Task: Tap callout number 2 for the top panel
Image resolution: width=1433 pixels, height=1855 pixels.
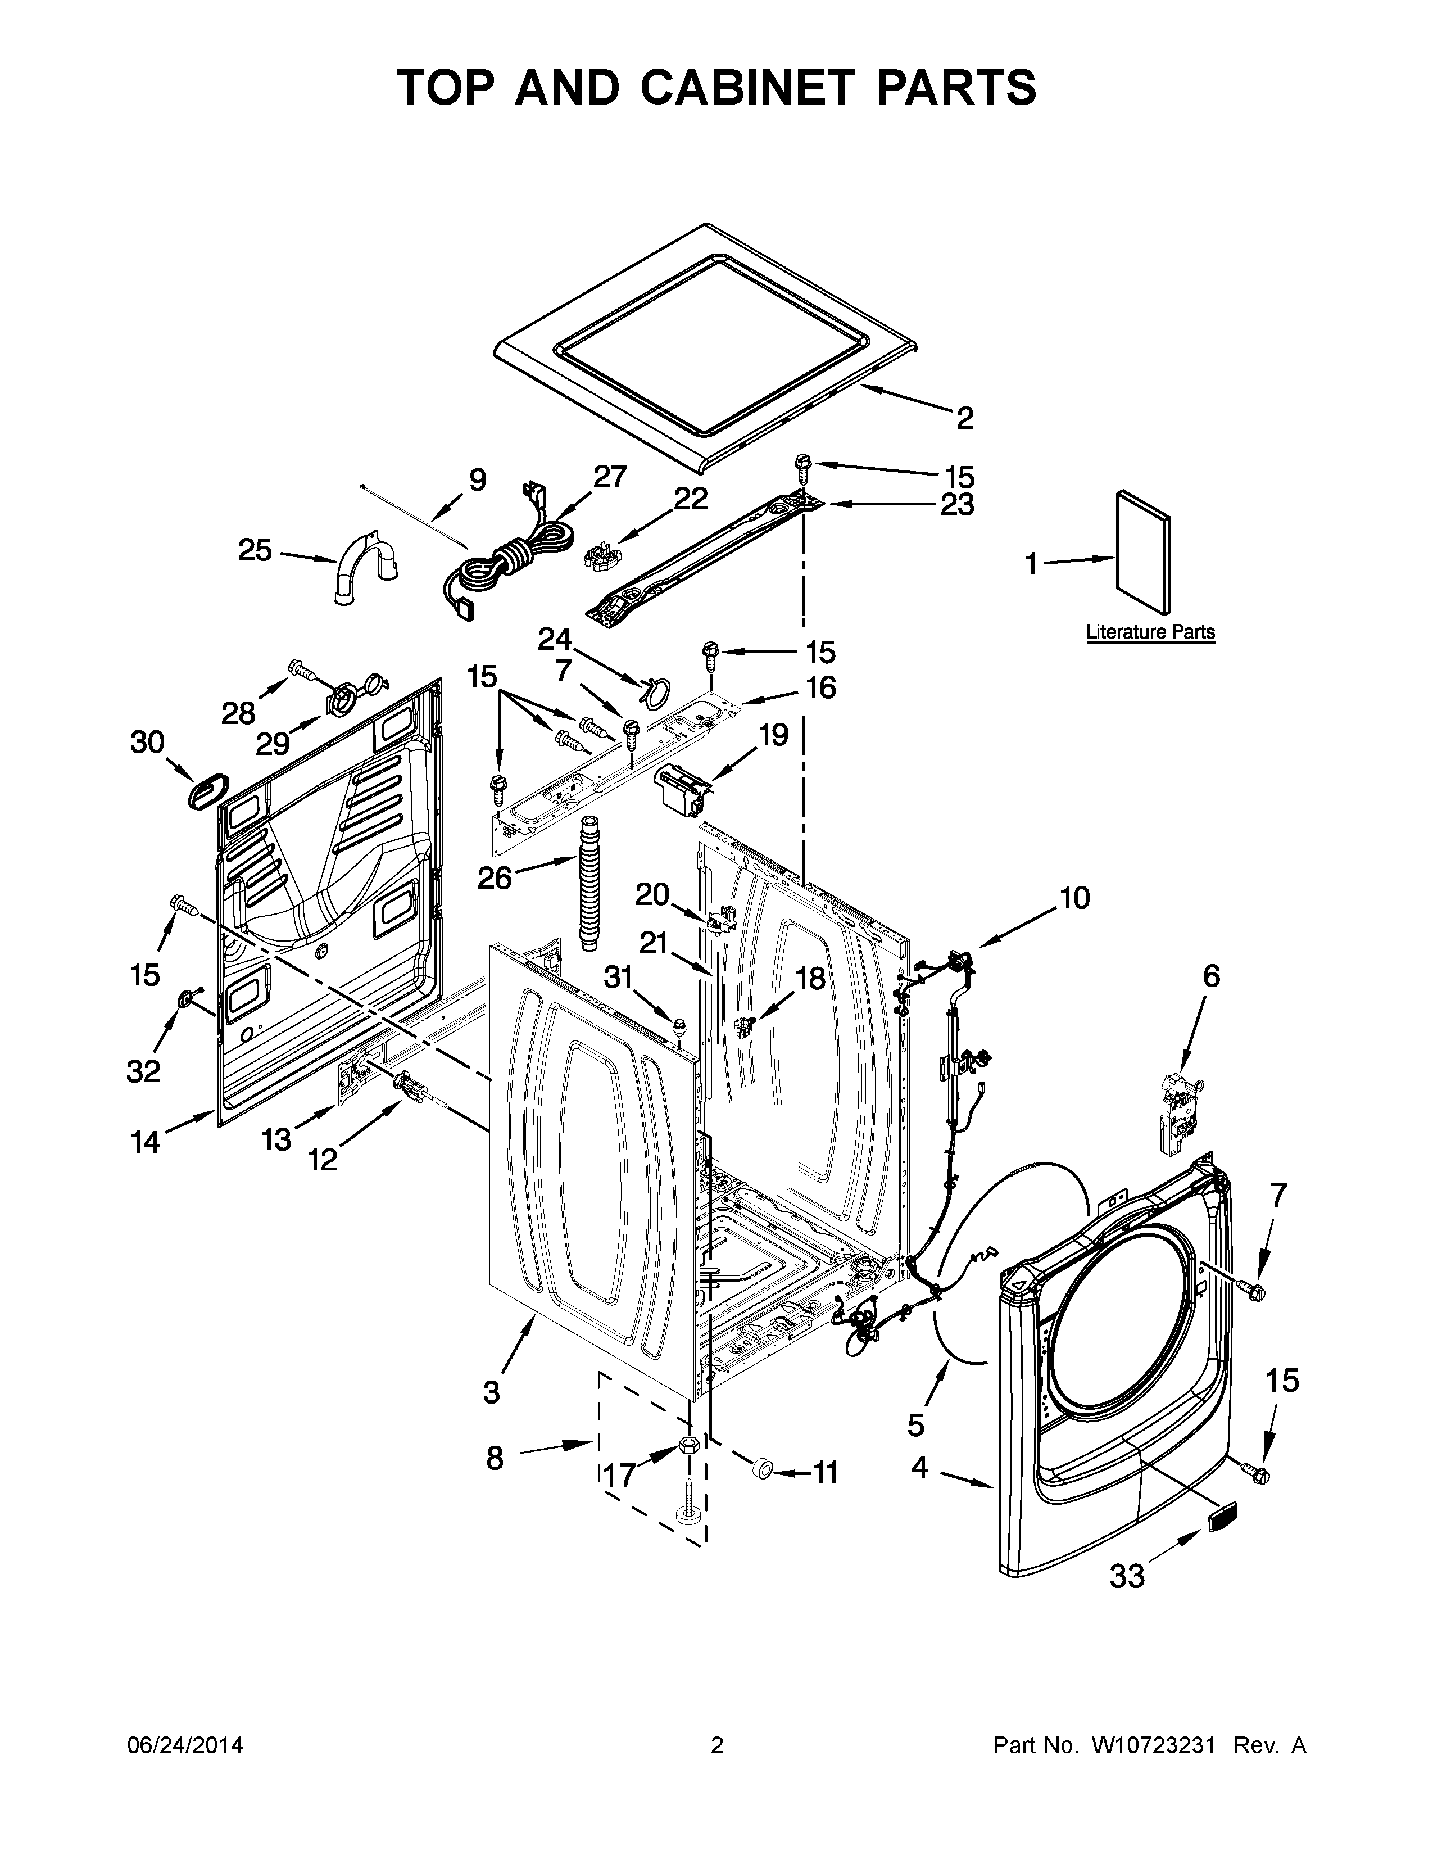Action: [x=964, y=418]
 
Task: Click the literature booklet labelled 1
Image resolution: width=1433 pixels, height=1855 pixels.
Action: [x=1142, y=552]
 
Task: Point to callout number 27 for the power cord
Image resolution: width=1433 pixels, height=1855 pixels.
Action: [x=610, y=477]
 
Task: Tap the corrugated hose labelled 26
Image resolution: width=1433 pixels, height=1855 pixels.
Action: [x=586, y=883]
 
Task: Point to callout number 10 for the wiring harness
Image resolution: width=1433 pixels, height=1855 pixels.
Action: [x=1074, y=898]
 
